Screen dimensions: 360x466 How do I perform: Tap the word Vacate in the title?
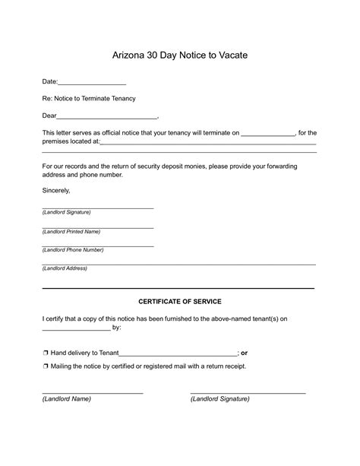point(233,55)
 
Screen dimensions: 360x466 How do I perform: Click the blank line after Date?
point(92,82)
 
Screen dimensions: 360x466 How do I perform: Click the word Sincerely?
point(55,190)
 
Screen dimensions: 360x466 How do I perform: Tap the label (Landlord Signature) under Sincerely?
point(66,212)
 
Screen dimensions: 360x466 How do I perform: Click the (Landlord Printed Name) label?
point(71,231)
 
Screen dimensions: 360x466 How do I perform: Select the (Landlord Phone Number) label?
point(72,249)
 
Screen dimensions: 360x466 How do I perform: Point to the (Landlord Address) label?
point(65,268)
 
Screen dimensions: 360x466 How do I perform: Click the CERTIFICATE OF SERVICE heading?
point(179,302)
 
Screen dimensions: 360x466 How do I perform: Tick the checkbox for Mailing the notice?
point(46,366)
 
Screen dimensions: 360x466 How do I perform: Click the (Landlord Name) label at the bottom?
point(66,398)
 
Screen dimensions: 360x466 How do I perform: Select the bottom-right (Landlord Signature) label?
point(219,398)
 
